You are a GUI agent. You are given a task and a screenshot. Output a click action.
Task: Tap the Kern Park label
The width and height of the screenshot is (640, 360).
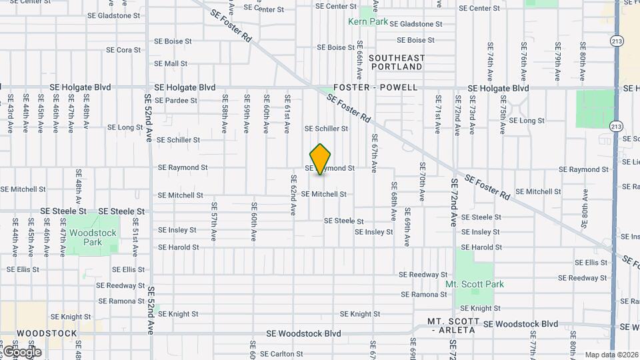[368, 21]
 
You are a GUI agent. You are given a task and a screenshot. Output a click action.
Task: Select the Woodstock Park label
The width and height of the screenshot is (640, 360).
[93, 237]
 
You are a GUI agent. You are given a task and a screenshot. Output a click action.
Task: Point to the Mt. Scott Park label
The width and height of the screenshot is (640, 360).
[475, 284]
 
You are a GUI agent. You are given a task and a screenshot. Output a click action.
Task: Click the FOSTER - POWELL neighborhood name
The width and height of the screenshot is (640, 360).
[376, 87]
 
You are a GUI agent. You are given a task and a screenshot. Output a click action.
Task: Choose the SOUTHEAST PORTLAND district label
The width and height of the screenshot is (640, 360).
[396, 62]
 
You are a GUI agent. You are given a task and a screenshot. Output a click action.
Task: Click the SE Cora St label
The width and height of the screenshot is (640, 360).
[123, 50]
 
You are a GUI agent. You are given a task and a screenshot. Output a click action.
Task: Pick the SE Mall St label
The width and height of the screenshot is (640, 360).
[171, 64]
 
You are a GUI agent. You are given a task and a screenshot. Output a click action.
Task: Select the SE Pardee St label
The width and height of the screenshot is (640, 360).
[176, 101]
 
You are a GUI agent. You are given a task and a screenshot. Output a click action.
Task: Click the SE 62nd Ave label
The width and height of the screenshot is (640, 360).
[293, 195]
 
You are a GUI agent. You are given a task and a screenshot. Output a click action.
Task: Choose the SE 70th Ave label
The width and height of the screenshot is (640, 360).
[422, 181]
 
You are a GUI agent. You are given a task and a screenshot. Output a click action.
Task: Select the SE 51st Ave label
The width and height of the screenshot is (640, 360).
[135, 242]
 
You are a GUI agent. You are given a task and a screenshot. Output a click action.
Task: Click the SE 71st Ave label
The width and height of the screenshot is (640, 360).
[438, 113]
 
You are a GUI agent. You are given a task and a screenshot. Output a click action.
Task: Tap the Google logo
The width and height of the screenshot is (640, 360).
[21, 351]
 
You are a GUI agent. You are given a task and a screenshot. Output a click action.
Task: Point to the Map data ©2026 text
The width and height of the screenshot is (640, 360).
[611, 355]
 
